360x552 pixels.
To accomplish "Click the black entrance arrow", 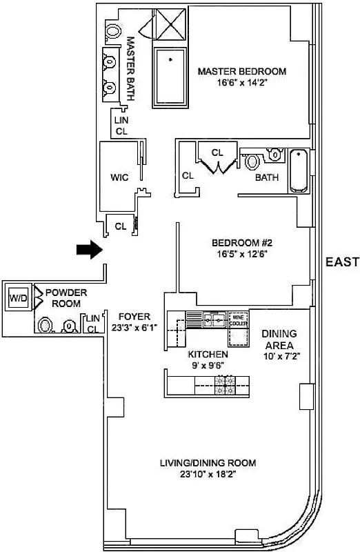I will coord(88,250).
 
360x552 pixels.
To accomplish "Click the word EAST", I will coord(342,262).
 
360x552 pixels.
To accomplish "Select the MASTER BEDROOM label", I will coord(241,71).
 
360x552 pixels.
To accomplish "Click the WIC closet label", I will coord(119,177).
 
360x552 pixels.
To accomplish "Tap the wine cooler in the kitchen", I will coord(239,318).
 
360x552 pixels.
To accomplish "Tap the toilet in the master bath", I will coord(112,30).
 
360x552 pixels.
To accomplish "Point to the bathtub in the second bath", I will coord(299,170).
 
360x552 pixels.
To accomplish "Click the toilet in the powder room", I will coord(46,325).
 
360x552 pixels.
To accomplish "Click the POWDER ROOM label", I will coord(66,297).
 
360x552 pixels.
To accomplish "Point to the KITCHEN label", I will coord(208,354).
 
